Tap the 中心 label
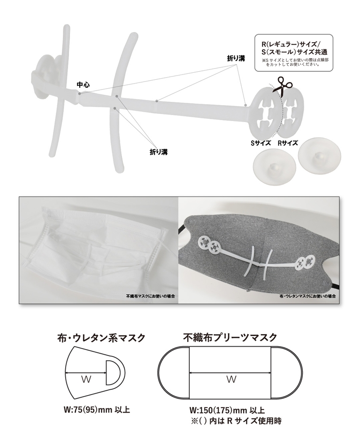[x=84, y=84]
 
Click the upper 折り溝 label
[x=236, y=58]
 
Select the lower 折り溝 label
[x=159, y=152]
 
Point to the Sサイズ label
[x=260, y=143]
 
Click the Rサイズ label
[x=288, y=143]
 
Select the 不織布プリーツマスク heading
[x=230, y=337]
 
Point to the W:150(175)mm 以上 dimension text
[x=227, y=410]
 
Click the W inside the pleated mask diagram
[x=231, y=380]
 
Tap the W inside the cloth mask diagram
[x=86, y=380]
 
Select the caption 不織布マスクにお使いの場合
[x=151, y=296]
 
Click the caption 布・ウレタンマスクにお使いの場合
[x=307, y=296]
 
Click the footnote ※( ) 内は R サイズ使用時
[x=236, y=421]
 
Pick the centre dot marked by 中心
[x=80, y=93]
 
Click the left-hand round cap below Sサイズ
[x=275, y=166]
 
